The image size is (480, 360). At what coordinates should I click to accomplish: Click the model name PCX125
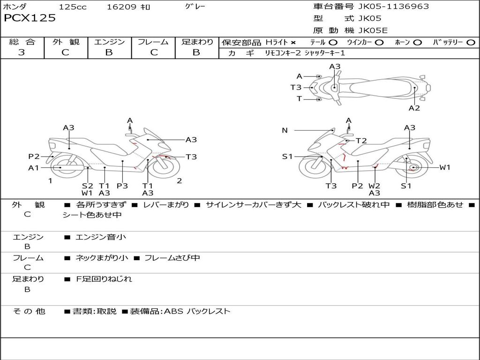[30, 18]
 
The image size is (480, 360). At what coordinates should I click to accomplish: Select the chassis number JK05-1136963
[387, 7]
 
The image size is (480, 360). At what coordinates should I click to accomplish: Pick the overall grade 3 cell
[22, 52]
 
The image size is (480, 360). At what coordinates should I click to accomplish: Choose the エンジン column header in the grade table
[109, 42]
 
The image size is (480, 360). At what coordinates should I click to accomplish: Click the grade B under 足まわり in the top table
[196, 52]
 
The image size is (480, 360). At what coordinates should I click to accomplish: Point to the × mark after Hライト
[293, 43]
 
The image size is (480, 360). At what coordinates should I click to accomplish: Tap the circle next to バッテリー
[471, 43]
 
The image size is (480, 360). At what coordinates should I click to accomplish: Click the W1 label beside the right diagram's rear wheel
[444, 167]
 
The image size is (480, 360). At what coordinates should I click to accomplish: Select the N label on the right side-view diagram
[285, 130]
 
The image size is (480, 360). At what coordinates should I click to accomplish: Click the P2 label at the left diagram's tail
[34, 157]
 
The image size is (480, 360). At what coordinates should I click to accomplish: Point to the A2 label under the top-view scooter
[414, 108]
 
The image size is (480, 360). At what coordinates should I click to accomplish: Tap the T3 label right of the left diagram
[191, 157]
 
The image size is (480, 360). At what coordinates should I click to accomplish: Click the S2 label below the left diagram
[87, 186]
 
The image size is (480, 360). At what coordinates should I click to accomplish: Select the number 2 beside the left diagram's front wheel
[179, 180]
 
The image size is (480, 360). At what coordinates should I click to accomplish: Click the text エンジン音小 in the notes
[101, 237]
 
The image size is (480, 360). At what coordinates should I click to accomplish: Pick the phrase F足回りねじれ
[104, 279]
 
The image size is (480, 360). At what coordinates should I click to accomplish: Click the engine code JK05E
[373, 31]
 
